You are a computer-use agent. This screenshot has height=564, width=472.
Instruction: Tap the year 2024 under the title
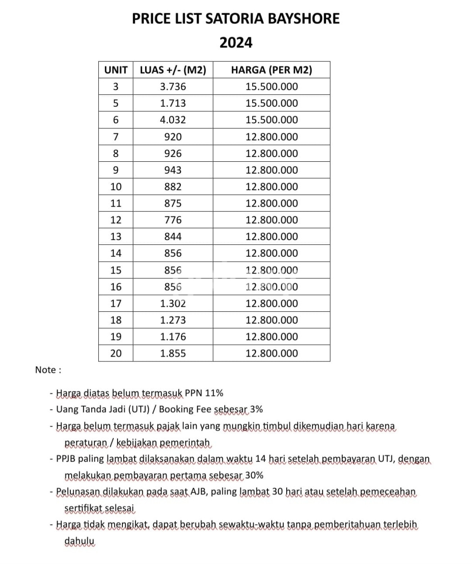click(x=236, y=43)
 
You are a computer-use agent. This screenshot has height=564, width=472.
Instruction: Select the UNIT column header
click(x=116, y=70)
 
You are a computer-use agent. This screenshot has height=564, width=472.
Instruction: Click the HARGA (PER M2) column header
click(x=271, y=70)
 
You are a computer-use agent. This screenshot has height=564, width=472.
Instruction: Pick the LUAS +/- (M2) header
click(x=173, y=70)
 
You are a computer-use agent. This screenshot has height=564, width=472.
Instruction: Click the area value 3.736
click(x=173, y=87)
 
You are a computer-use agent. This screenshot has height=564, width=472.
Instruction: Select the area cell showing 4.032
click(x=173, y=120)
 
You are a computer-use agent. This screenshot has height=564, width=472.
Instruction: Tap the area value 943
click(x=173, y=170)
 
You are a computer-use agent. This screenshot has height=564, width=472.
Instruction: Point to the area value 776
click(x=173, y=220)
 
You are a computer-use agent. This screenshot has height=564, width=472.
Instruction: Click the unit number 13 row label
click(x=116, y=237)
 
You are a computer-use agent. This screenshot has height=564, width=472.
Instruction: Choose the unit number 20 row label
click(x=116, y=353)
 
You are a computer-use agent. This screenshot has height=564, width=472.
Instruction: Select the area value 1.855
click(x=173, y=353)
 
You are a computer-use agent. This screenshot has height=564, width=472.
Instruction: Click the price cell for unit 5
click(x=271, y=103)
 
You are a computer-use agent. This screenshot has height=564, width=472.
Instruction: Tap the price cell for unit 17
click(x=271, y=303)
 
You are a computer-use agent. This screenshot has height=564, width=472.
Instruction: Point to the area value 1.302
click(x=173, y=303)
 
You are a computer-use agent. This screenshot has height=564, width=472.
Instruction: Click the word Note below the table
click(x=46, y=370)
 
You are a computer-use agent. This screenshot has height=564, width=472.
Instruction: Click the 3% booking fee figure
click(x=256, y=409)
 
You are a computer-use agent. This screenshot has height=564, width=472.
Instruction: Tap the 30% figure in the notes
click(x=254, y=475)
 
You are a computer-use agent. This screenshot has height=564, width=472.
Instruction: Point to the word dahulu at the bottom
click(x=79, y=541)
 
